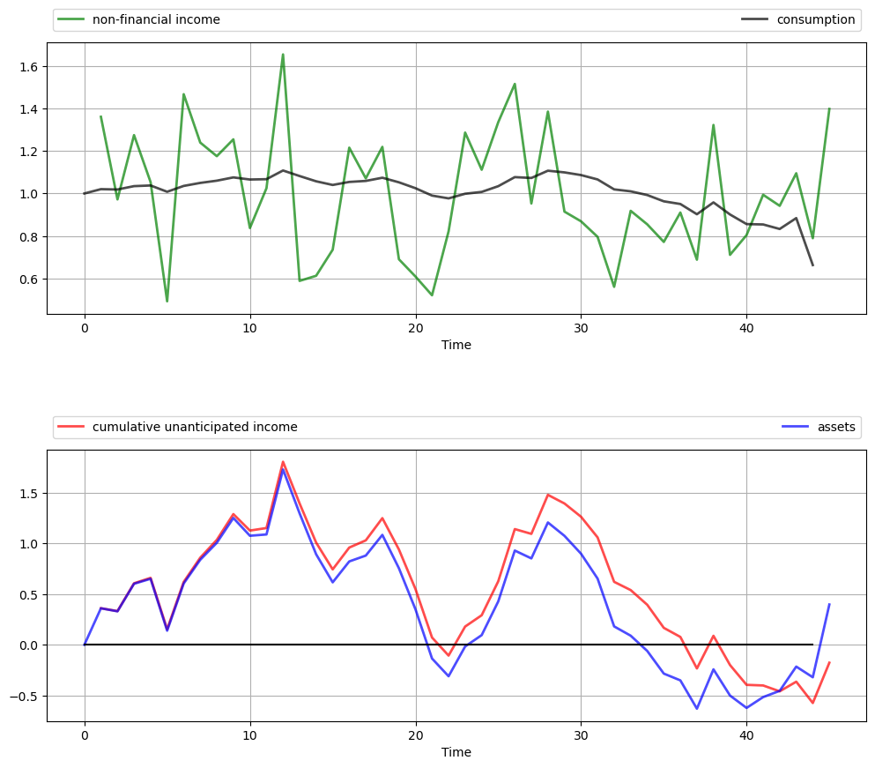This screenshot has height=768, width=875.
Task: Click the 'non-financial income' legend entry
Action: click(x=156, y=20)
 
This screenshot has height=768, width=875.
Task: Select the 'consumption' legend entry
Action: click(x=815, y=20)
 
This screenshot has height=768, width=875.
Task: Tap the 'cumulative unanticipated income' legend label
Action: click(x=195, y=428)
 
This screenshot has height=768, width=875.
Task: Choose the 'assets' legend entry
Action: click(x=836, y=428)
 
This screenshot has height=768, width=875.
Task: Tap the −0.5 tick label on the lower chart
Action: click(x=24, y=697)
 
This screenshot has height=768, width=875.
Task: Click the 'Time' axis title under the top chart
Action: click(x=456, y=346)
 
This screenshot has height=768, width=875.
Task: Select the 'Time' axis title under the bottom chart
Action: click(x=456, y=753)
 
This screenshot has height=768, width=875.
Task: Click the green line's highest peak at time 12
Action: click(x=283, y=55)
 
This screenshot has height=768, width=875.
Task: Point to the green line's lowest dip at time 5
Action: click(x=167, y=302)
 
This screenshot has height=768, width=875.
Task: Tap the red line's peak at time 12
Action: click(x=283, y=461)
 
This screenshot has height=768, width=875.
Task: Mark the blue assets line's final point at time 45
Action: click(x=829, y=605)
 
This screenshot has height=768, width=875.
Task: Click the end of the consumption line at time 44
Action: click(x=812, y=265)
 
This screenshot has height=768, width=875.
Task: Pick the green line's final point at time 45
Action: click(x=829, y=108)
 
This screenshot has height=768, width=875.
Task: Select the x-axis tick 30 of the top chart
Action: click(x=581, y=325)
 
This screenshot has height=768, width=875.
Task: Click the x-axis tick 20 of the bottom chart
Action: click(x=415, y=733)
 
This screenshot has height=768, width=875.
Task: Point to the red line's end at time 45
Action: click(x=829, y=662)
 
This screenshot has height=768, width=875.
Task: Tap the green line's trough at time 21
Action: click(x=432, y=295)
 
